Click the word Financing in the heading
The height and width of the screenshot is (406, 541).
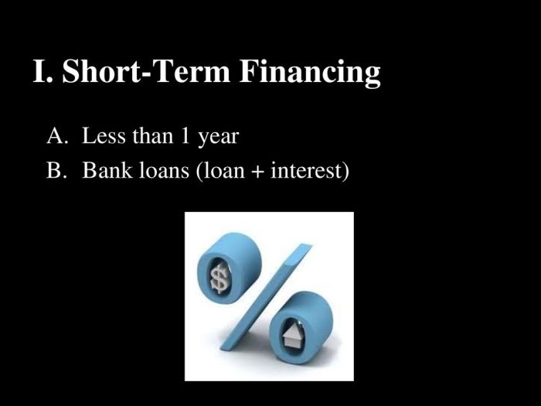click(310, 72)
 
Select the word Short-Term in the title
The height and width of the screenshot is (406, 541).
click(146, 71)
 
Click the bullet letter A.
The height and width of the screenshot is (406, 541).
click(56, 135)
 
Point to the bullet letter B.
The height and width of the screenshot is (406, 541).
click(55, 170)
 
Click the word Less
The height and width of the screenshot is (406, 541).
click(104, 135)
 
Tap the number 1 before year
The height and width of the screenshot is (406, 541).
click(185, 135)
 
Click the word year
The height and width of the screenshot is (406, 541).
click(218, 138)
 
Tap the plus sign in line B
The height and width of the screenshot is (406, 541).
click(257, 171)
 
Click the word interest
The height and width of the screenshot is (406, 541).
click(307, 170)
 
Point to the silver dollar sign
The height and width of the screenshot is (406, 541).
click(219, 276)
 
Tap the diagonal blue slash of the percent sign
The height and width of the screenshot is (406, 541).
click(266, 296)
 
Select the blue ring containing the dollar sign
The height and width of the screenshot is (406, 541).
click(229, 267)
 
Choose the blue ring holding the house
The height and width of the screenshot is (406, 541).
click(301, 325)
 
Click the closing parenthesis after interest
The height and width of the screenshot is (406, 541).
click(345, 171)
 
